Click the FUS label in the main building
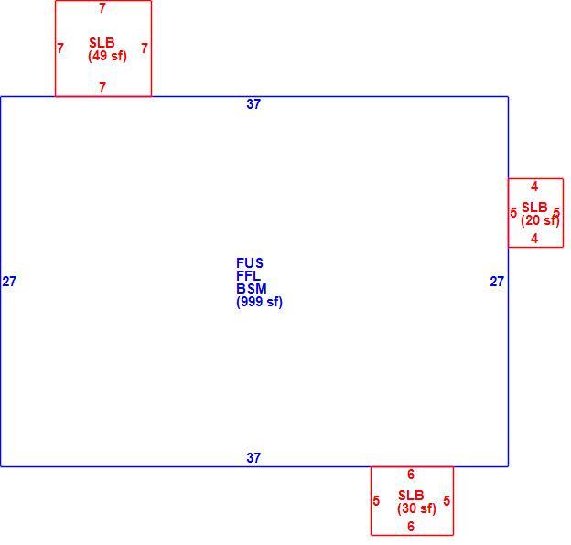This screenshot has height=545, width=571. [250, 262]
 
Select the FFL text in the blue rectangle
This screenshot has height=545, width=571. [248, 275]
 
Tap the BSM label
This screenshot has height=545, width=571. [252, 288]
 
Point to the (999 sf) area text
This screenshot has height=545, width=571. [259, 302]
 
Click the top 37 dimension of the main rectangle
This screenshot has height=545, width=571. [253, 104]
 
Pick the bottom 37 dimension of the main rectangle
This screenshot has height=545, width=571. [253, 458]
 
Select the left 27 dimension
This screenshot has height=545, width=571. [9, 282]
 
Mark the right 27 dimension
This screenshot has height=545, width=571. [497, 282]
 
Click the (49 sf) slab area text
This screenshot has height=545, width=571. [107, 56]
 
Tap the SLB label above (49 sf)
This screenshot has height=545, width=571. [102, 43]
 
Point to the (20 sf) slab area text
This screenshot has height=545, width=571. [540, 220]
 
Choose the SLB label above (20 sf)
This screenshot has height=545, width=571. [534, 208]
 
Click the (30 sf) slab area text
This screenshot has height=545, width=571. [416, 508]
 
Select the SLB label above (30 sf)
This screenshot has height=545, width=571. [411, 495]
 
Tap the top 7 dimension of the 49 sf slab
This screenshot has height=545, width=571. [102, 8]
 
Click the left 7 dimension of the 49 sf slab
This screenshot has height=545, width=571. [60, 48]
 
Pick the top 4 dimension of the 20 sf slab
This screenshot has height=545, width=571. [534, 187]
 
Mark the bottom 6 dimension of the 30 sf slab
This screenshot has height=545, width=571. [411, 526]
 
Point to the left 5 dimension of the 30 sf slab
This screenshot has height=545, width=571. [376, 500]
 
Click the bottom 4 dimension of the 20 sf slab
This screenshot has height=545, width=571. [534, 239]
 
